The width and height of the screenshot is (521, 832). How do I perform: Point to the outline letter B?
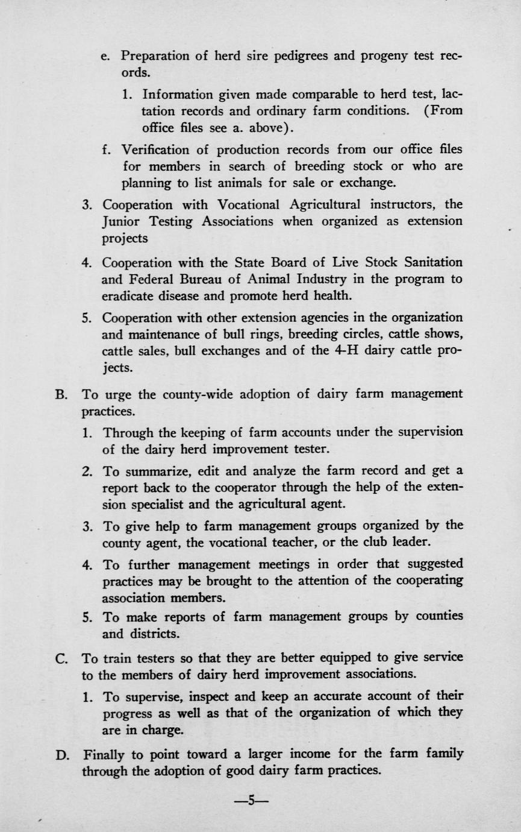tap(60, 395)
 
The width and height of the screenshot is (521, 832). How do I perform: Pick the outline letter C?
tap(60, 658)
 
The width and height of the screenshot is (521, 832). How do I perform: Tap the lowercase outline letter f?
tap(106, 149)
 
